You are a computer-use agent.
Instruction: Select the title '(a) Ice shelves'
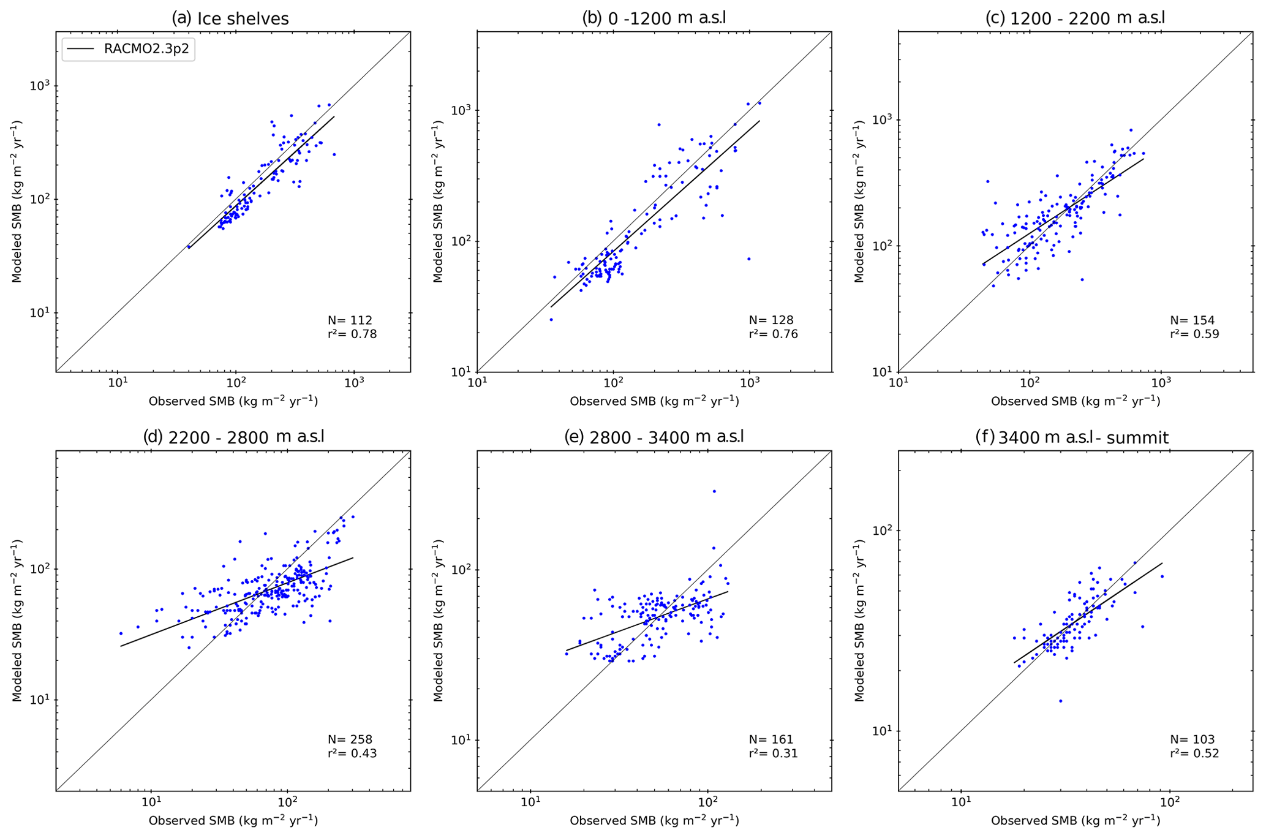pos(230,19)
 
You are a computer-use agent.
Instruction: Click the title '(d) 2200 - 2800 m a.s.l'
pos(233,437)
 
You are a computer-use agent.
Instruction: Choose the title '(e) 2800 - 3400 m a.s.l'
pos(654,437)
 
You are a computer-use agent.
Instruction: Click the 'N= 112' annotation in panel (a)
pos(350,320)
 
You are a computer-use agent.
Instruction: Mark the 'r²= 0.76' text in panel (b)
pos(774,334)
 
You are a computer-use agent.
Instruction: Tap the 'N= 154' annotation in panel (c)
pos(1193,320)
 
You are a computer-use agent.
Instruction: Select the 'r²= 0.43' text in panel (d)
pos(352,754)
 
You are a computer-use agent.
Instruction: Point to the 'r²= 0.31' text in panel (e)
pos(774,754)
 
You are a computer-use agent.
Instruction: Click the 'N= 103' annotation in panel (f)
pos(1193,739)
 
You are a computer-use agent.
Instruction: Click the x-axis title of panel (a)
pos(233,401)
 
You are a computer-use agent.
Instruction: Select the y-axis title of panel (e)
pos(439,621)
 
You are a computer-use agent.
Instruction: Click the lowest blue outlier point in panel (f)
pos(1060,701)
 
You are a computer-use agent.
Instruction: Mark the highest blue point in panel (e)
pos(714,491)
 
